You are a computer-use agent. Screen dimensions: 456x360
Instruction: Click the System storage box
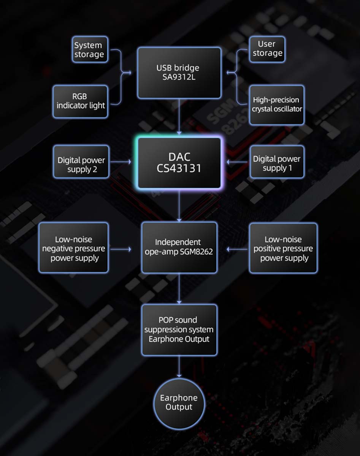pyautogui.click(x=89, y=50)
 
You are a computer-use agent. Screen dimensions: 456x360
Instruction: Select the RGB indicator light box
pyautogui.click(x=81, y=101)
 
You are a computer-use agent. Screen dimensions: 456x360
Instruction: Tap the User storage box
pyautogui.click(x=267, y=49)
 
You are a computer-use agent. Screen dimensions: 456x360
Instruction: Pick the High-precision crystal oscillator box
pyautogui.click(x=277, y=105)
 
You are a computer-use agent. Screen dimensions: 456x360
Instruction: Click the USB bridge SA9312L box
pyautogui.click(x=179, y=73)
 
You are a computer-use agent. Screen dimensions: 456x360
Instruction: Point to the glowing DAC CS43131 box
pyautogui.click(x=179, y=163)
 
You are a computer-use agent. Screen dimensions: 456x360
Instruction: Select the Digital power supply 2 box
pyautogui.click(x=81, y=161)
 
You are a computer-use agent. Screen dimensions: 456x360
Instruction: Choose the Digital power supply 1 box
pyautogui.click(x=277, y=161)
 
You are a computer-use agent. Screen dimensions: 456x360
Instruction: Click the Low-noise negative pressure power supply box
pyautogui.click(x=74, y=248)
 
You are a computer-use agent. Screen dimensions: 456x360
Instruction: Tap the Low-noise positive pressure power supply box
pyautogui.click(x=283, y=248)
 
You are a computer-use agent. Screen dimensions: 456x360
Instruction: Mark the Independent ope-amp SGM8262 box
pyautogui.click(x=179, y=247)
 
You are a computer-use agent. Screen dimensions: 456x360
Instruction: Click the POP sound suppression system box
pyautogui.click(x=179, y=329)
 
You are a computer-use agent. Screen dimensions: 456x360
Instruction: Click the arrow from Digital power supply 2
pyautogui.click(x=120, y=162)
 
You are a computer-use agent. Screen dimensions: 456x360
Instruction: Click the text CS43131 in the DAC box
pyautogui.click(x=179, y=168)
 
